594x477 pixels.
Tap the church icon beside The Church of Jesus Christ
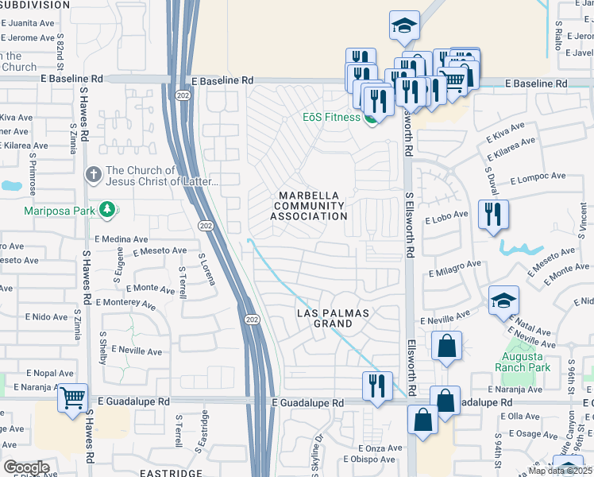click(93, 174)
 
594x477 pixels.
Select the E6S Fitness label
click(331, 118)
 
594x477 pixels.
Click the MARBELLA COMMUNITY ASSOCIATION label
click(310, 206)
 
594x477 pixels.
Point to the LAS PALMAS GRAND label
click(333, 318)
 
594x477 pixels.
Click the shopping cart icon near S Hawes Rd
click(73, 397)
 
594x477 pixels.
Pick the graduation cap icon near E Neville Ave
click(503, 301)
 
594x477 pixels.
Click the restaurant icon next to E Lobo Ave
click(493, 215)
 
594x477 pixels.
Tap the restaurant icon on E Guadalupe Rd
click(377, 386)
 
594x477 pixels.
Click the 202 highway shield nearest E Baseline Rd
click(181, 94)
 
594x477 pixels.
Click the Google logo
click(26, 467)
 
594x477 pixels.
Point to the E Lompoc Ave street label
click(538, 177)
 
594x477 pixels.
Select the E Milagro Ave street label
click(455, 267)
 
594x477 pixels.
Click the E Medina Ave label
click(121, 238)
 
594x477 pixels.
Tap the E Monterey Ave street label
click(125, 303)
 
